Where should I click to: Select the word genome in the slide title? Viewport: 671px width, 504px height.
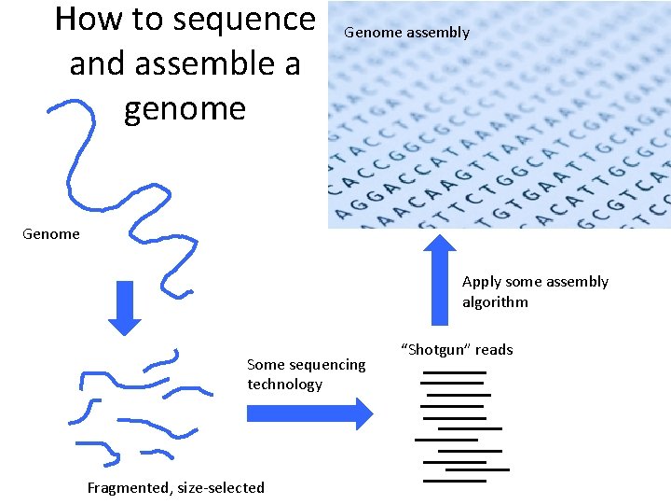click(185, 108)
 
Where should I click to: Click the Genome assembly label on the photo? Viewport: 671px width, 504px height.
click(406, 33)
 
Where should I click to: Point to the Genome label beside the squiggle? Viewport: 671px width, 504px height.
click(51, 234)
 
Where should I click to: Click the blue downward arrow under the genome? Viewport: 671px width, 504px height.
click(124, 307)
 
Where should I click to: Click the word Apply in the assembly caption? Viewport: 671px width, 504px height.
click(482, 282)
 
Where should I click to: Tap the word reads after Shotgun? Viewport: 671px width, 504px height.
click(494, 350)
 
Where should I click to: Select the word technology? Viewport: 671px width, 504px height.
click(284, 385)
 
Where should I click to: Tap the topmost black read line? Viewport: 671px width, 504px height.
click(454, 373)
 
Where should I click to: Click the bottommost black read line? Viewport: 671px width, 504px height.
click(454, 481)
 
